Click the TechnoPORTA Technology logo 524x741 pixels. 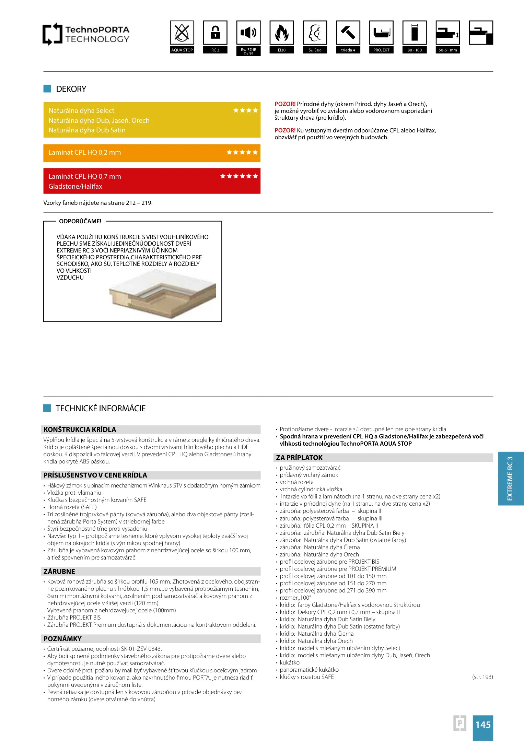tap(86, 34)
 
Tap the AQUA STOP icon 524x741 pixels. tap(182, 33)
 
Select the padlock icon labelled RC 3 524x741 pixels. tap(215, 33)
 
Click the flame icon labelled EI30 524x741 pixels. tap(282, 33)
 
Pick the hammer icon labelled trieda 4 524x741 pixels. tap(348, 33)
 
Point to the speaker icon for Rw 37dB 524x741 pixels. tap(248, 33)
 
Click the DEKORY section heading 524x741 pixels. tap(71, 89)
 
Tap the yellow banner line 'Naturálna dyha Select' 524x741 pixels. tap(81, 110)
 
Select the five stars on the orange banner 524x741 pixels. tap(242, 152)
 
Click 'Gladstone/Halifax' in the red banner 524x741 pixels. tap(75, 186)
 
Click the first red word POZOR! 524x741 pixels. tap(285, 104)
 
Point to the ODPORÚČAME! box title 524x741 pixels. tap(80, 221)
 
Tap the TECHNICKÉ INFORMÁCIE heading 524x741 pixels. tap(101, 408)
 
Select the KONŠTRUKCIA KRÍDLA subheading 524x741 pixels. tap(80, 430)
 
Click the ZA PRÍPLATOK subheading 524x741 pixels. tap(299, 458)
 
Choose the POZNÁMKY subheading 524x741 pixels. tap(62, 639)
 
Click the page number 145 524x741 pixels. tap(483, 725)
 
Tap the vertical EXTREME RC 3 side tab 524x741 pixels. tap(510, 478)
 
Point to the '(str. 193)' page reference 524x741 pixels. tap(482, 677)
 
